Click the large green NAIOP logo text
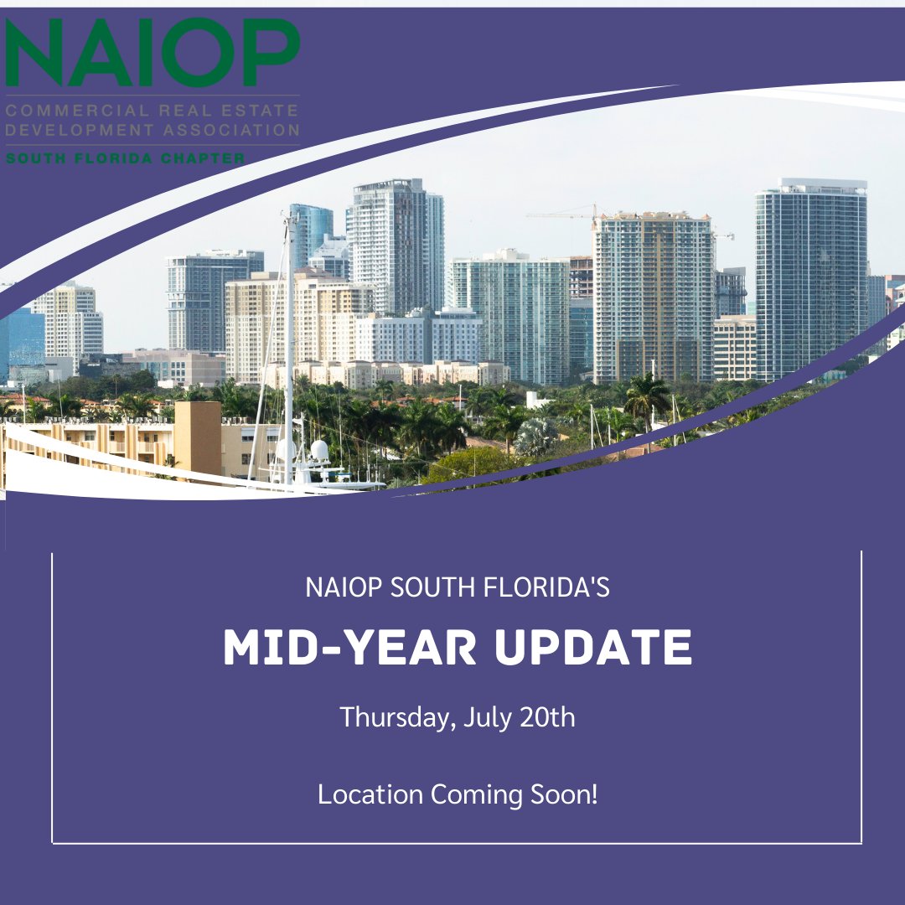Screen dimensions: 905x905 click(153, 54)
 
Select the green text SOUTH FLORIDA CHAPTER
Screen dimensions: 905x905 click(126, 158)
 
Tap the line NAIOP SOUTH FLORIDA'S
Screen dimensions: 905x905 click(457, 587)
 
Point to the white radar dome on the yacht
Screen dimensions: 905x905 click(319, 450)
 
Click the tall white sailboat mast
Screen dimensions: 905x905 click(289, 335)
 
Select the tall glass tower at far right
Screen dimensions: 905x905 click(810, 277)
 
